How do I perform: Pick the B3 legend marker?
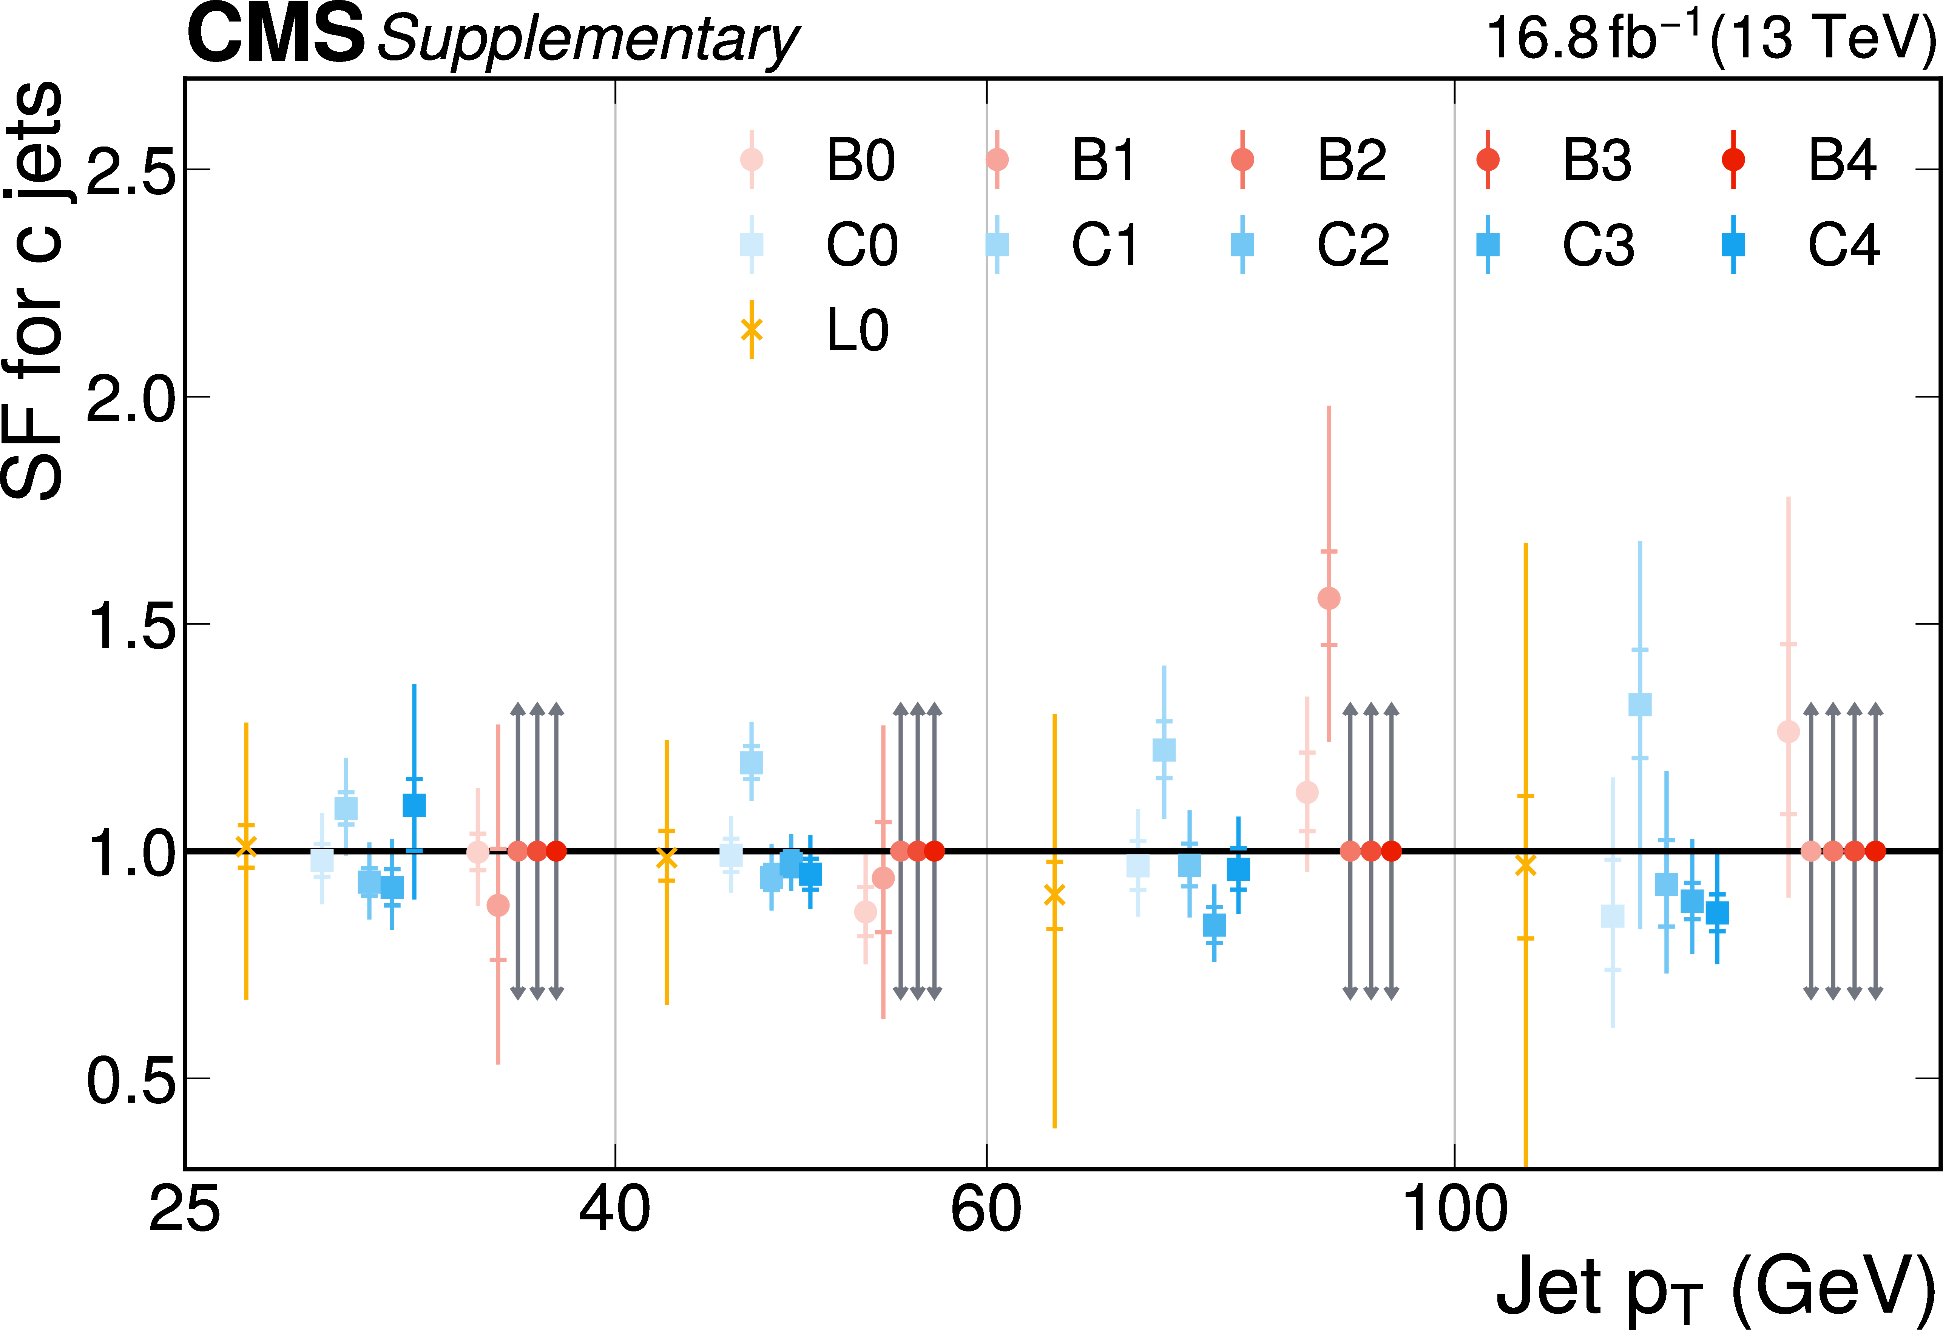pyautogui.click(x=1487, y=160)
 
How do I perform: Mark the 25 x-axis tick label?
pyautogui.click(x=185, y=1210)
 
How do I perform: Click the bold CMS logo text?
pyautogui.click(x=276, y=35)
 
